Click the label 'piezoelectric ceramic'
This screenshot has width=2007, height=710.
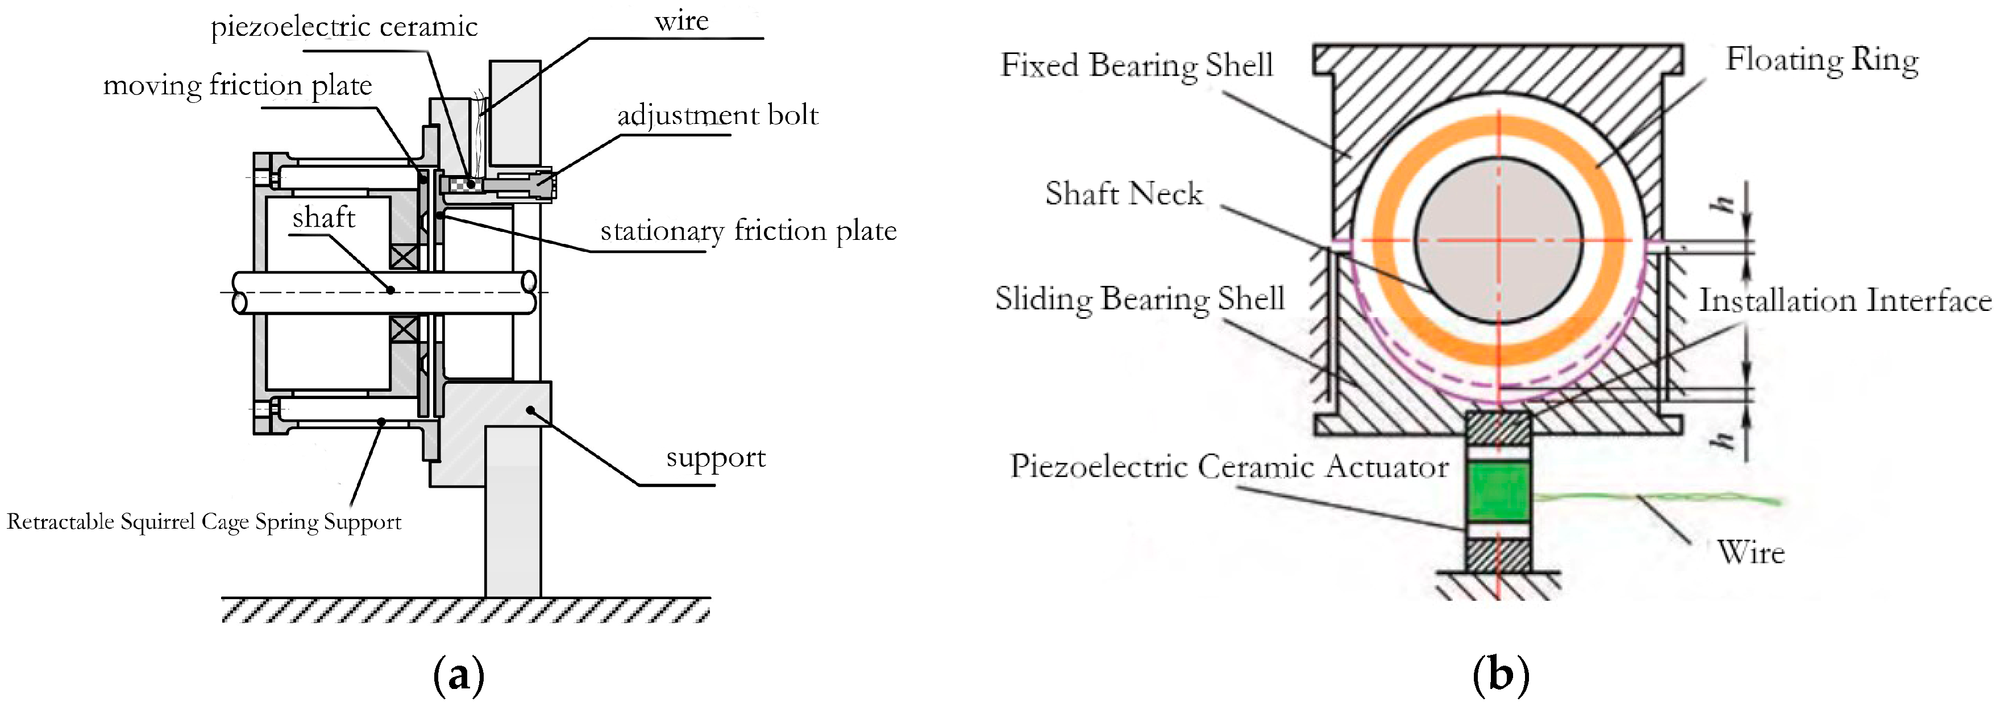pyautogui.click(x=343, y=27)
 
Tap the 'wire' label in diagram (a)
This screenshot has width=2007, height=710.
pyautogui.click(x=681, y=21)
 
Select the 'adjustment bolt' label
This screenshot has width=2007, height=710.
pyautogui.click(x=717, y=116)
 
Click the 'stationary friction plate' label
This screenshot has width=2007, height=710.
pyautogui.click(x=748, y=231)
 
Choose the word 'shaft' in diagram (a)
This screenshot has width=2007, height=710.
pyautogui.click(x=323, y=218)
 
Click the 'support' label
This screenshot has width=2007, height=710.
pyautogui.click(x=715, y=458)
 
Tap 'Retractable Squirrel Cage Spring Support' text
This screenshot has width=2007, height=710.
pyautogui.click(x=203, y=521)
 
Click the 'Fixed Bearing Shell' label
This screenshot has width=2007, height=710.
pyautogui.click(x=1136, y=65)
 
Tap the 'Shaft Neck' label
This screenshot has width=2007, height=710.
pyautogui.click(x=1124, y=194)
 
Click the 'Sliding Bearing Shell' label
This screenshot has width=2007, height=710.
pyautogui.click(x=1139, y=299)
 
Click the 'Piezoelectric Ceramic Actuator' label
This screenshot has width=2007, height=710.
pyautogui.click(x=1229, y=467)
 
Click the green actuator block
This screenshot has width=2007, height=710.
pyautogui.click(x=1497, y=492)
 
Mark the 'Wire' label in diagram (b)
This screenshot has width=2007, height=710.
pyautogui.click(x=1750, y=553)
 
